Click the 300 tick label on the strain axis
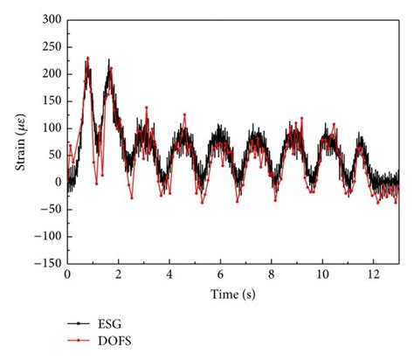[52, 19]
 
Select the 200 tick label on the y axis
[52, 73]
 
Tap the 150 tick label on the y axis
[52, 100]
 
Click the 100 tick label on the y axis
[52, 128]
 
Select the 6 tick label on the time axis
[221, 273]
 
